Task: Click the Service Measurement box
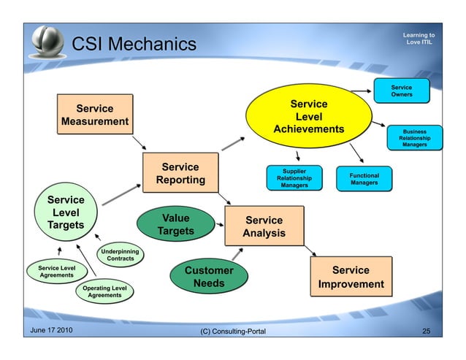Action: [x=95, y=115]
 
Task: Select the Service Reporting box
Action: [x=180, y=174]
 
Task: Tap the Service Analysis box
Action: [x=264, y=226]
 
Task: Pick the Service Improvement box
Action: [x=351, y=277]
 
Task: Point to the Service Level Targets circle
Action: [x=66, y=212]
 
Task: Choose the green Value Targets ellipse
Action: [x=175, y=225]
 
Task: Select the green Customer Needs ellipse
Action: [x=208, y=277]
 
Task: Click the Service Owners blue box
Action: [x=401, y=91]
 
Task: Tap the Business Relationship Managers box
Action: [x=414, y=139]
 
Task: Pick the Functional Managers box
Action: [x=364, y=180]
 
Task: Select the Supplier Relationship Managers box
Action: [x=294, y=178]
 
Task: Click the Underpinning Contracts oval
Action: [x=120, y=254]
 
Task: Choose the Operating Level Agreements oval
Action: [x=105, y=292]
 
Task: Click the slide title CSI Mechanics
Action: [x=134, y=45]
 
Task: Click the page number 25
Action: [x=427, y=332]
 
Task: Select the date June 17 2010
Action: [x=51, y=332]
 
